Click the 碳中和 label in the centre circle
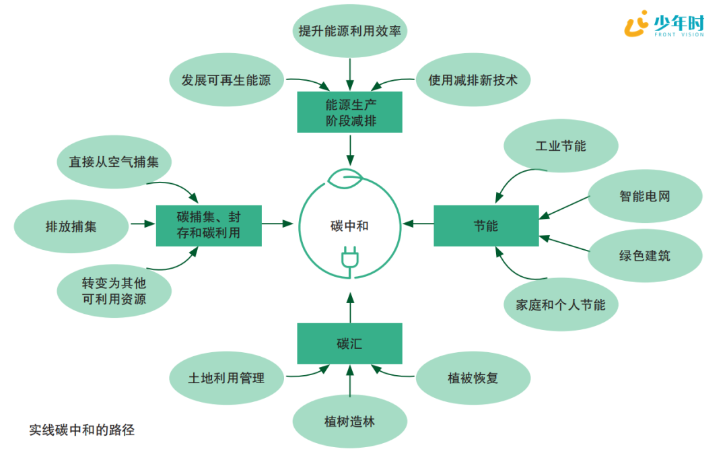click(x=349, y=226)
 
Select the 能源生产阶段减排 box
click(x=349, y=112)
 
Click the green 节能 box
click(x=485, y=226)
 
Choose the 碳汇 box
click(x=349, y=343)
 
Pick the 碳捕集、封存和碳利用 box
click(x=209, y=226)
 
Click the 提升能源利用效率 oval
click(x=349, y=30)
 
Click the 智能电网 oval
click(x=645, y=197)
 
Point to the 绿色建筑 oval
click(x=645, y=256)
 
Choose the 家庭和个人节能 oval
click(x=555, y=304)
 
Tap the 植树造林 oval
click(x=349, y=422)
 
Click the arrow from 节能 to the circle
click(x=418, y=224)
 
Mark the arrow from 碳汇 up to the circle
click(x=349, y=307)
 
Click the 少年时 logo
click(x=664, y=25)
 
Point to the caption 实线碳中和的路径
click(x=81, y=430)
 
